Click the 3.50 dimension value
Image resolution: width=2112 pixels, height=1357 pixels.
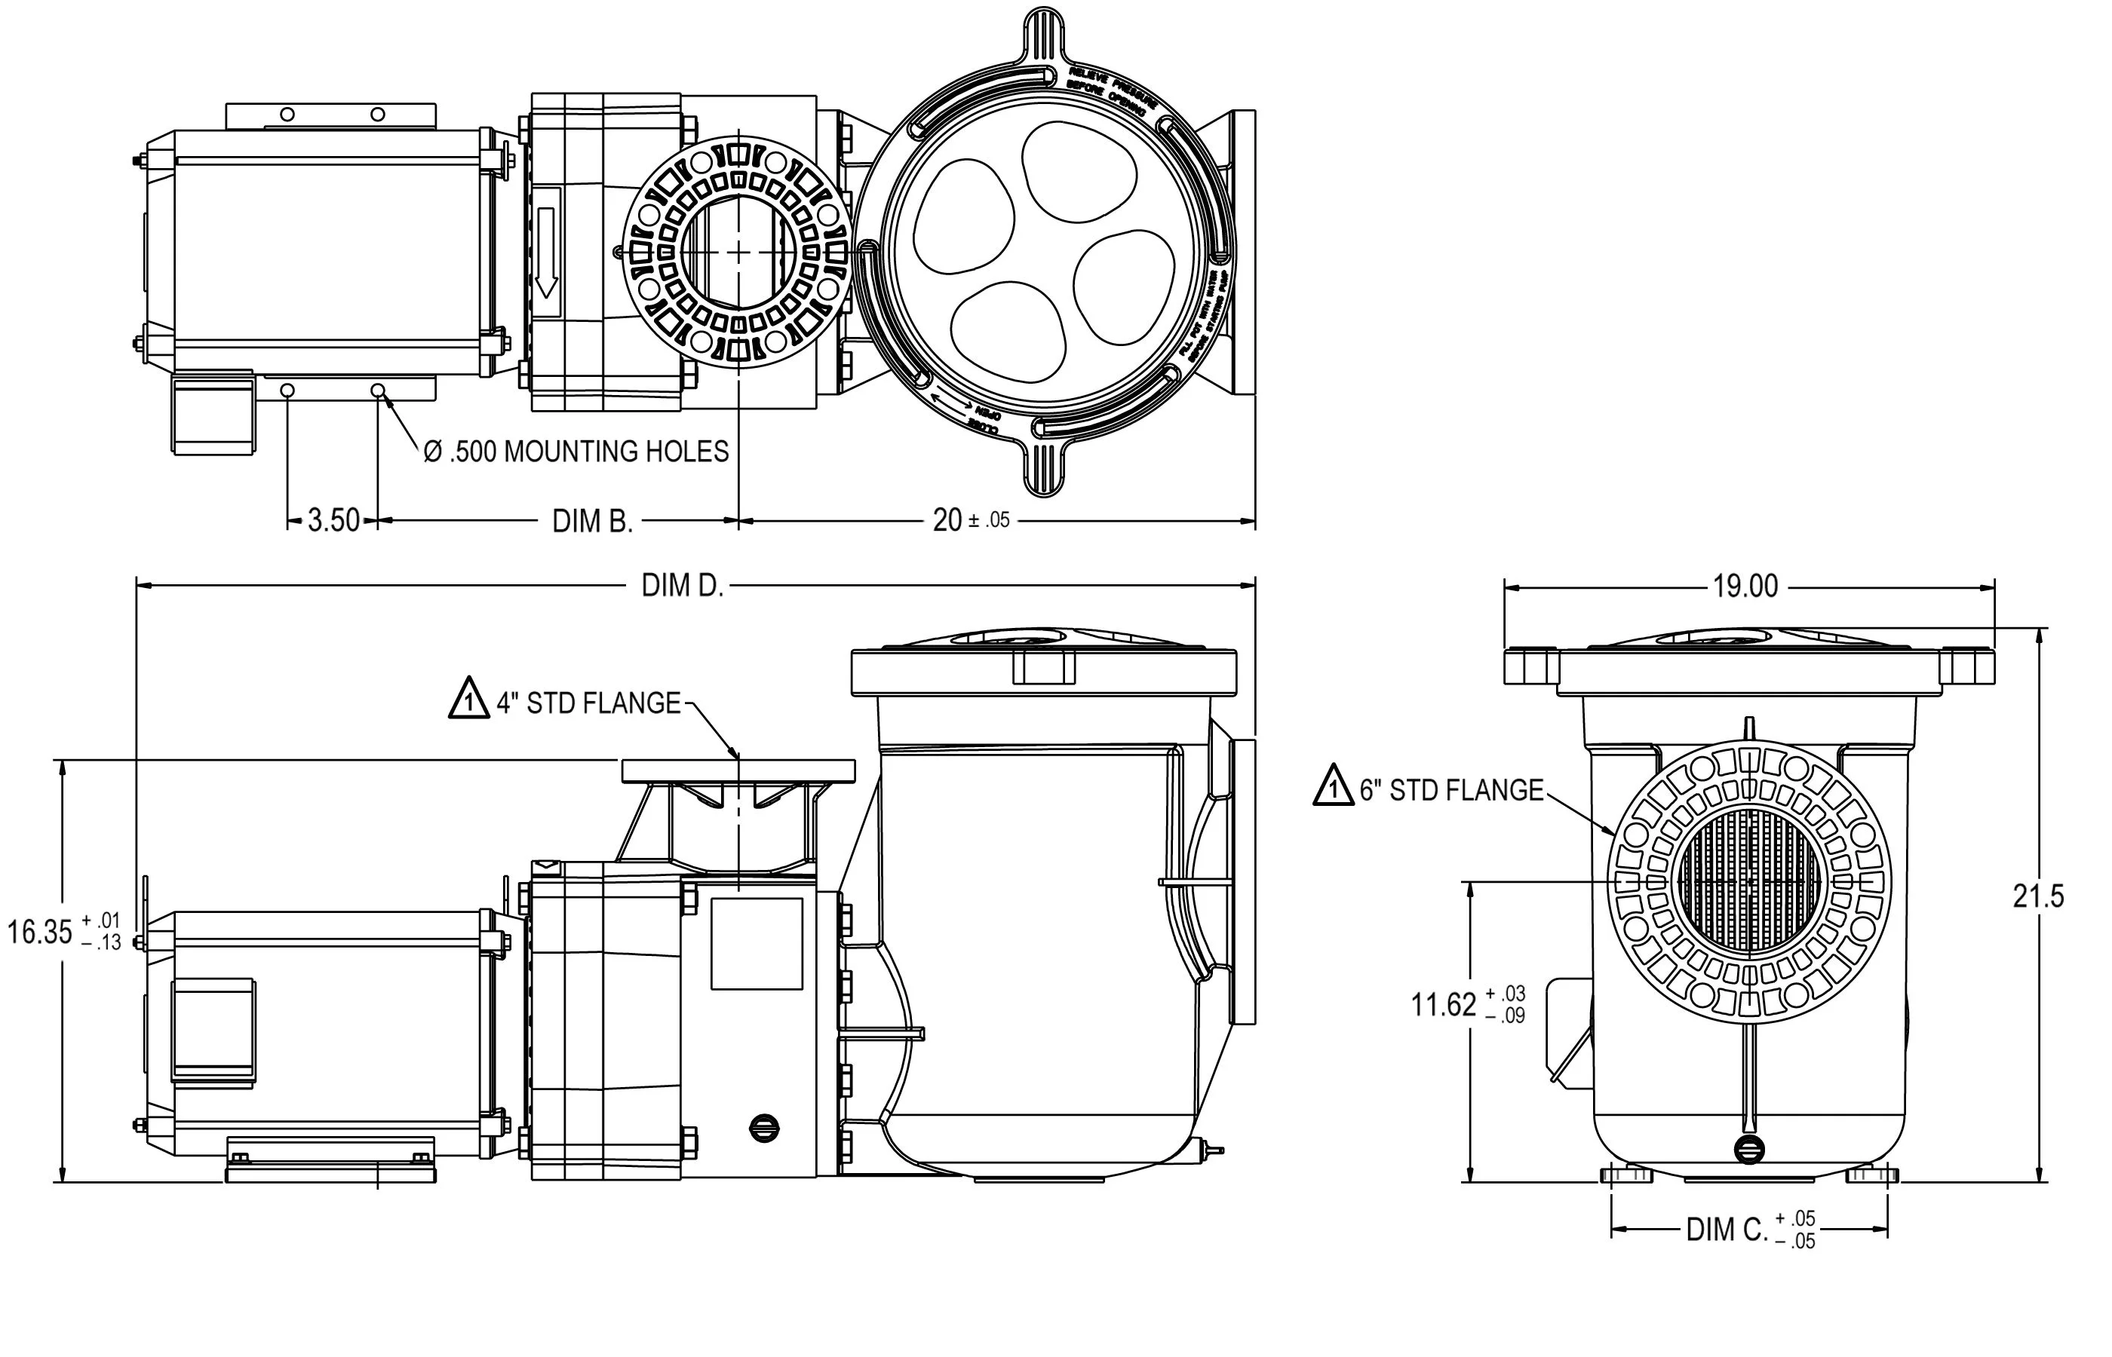[x=333, y=521]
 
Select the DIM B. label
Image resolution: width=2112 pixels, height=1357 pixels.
[x=592, y=522]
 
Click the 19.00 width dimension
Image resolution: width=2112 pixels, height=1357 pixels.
[x=1745, y=586]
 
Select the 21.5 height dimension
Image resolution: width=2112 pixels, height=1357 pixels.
[x=2038, y=896]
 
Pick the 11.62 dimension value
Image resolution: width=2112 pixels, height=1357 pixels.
[x=1443, y=1004]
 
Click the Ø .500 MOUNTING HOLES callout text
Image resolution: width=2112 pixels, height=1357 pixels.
[x=576, y=452]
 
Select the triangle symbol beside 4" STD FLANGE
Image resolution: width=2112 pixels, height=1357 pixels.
[x=469, y=700]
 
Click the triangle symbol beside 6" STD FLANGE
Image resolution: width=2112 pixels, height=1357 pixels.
[x=1333, y=787]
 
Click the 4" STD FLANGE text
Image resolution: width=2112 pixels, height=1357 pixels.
[x=588, y=703]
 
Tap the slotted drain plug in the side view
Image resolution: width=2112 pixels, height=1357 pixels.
[x=763, y=1128]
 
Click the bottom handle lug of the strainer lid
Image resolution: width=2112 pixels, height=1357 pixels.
[x=1045, y=467]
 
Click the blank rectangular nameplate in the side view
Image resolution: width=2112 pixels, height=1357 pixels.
[x=757, y=944]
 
